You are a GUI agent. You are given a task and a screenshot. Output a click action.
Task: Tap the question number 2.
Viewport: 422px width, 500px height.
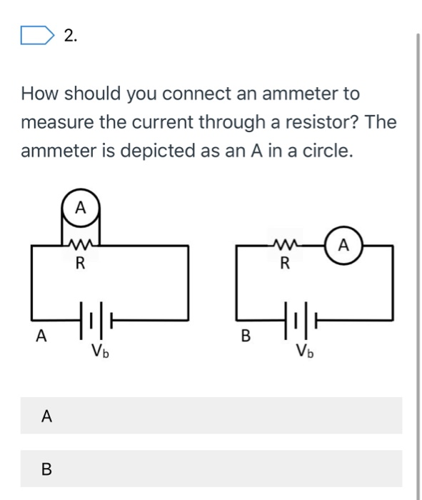tap(70, 36)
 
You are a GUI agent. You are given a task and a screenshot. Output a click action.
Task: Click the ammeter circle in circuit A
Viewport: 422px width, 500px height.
tap(81, 208)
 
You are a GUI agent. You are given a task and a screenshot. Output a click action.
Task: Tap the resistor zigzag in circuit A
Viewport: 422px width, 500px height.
tap(81, 246)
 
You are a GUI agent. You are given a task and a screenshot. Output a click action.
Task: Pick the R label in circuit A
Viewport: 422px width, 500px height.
tap(81, 264)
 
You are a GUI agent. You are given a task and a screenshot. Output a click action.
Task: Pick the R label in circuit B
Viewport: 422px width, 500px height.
tap(284, 264)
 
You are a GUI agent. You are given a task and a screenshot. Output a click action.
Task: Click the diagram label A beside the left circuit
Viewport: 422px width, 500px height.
tap(42, 334)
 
